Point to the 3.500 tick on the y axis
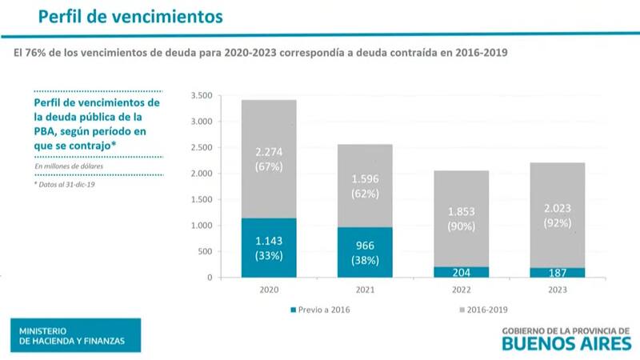click(201, 96)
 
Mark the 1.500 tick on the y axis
click(201, 200)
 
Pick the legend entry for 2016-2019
click(484, 309)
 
